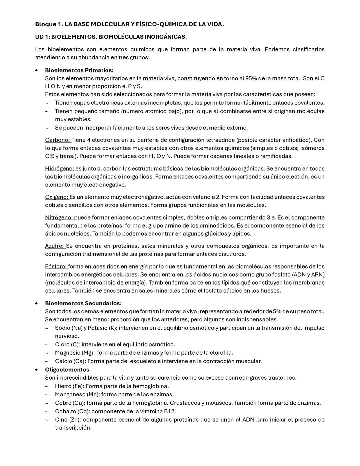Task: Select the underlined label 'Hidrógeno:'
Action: [x=60, y=169]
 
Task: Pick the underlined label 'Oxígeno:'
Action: [x=57, y=197]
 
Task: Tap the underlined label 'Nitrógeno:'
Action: [x=59, y=218]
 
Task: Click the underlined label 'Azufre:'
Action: [x=55, y=246]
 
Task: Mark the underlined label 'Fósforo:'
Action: [x=56, y=267]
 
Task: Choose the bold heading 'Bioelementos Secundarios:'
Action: [x=83, y=303]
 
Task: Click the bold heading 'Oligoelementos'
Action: [x=67, y=370]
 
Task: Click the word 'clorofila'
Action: [x=221, y=353]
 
